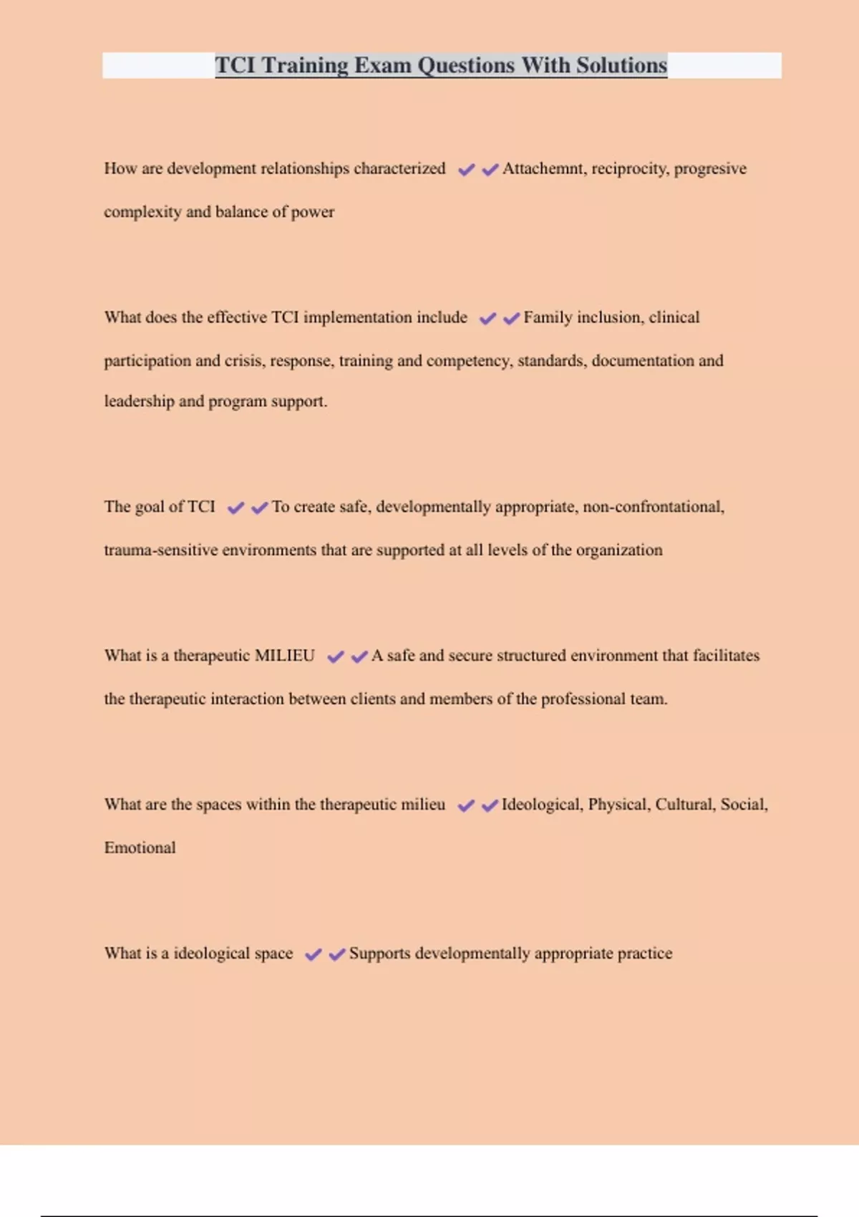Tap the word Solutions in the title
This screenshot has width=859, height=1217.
(621, 65)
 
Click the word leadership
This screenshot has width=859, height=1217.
(139, 402)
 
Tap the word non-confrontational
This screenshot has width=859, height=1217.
(653, 507)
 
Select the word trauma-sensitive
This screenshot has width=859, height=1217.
(160, 551)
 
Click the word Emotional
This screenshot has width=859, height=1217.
(140, 848)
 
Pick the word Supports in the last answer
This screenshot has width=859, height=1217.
(379, 954)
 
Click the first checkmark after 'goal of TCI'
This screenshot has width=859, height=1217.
(236, 508)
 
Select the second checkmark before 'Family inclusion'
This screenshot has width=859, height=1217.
(511, 319)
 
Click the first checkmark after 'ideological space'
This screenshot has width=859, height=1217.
(313, 954)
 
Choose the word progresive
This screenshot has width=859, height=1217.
(710, 169)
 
